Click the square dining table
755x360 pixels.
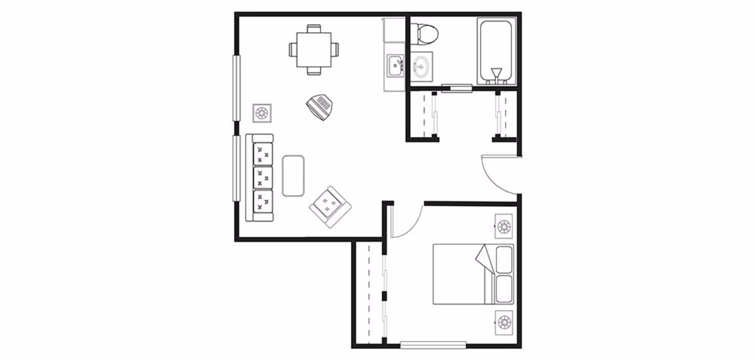pos(313,50)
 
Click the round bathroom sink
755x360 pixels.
pos(421,66)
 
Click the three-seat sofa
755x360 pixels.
pos(260,178)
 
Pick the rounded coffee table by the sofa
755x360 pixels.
pos(293,176)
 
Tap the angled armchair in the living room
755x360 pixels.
pos(330,206)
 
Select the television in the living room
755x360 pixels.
pos(320,107)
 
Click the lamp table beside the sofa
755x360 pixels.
pos(262,113)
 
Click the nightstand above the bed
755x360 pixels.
pos(504,226)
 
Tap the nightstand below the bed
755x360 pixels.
pos(504,323)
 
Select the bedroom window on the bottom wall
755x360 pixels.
pos(433,345)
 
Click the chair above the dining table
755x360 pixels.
pos(313,29)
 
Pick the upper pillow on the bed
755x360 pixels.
pos(504,260)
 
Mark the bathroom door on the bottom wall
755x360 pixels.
pos(457,88)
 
